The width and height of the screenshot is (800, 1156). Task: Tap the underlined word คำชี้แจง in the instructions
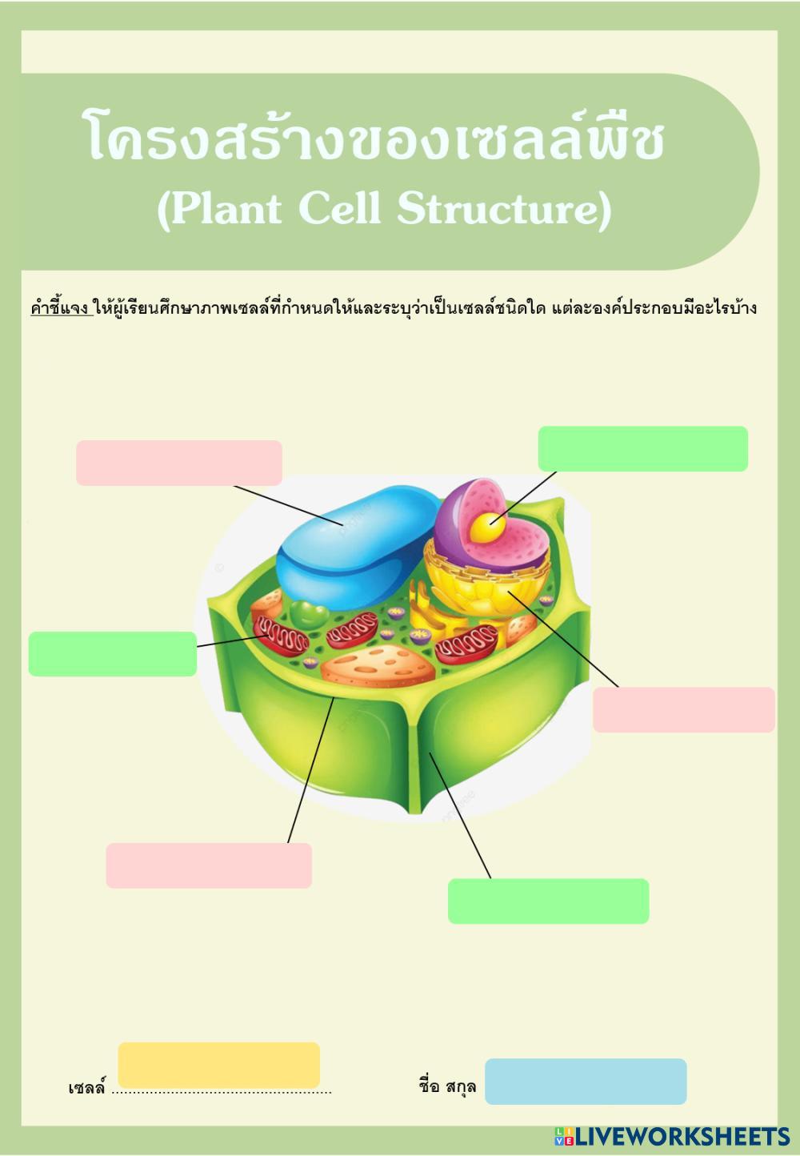(60, 307)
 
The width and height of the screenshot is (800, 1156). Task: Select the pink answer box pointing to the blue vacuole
(179, 463)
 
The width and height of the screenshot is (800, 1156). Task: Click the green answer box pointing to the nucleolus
(642, 448)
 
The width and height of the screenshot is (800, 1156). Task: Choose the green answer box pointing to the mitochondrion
(112, 653)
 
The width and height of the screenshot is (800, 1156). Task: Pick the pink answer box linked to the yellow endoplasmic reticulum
(683, 709)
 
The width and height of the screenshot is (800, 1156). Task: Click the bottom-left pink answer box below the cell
(209, 865)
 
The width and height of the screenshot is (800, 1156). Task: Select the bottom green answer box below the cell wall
(548, 901)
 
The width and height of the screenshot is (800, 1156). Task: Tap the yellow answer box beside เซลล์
(218, 1065)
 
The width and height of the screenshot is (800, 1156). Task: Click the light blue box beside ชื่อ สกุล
(586, 1081)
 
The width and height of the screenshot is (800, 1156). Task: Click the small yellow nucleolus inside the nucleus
(484, 528)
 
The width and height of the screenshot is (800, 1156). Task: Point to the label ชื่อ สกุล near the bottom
(447, 1086)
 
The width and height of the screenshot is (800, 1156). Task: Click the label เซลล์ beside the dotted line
(86, 1088)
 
